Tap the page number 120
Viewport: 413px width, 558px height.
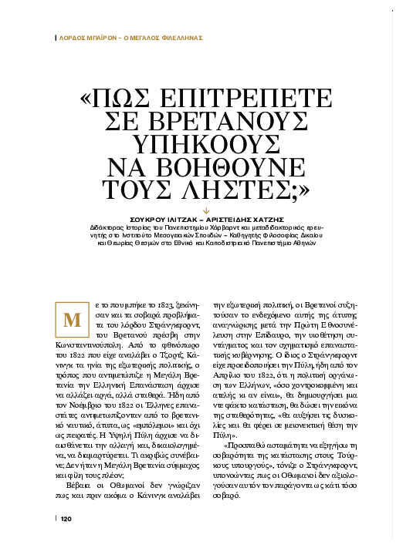pyautogui.click(x=66, y=540)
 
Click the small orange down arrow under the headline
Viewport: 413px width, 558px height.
pyautogui.click(x=206, y=210)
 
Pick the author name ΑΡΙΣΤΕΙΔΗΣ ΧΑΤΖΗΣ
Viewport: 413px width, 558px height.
pyautogui.click(x=239, y=219)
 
